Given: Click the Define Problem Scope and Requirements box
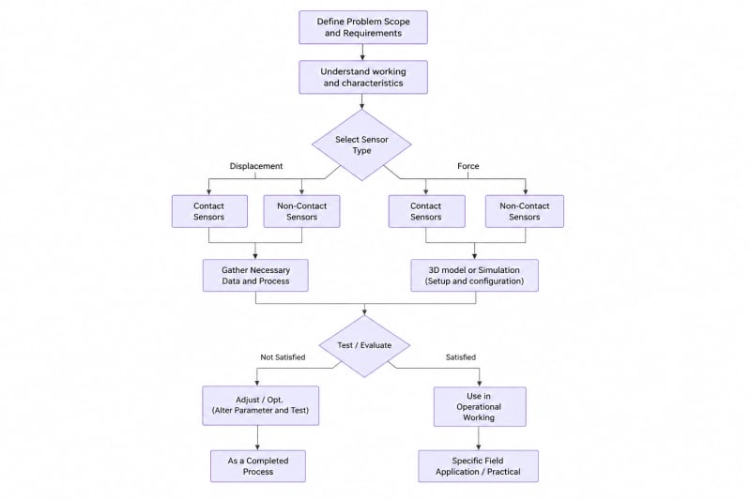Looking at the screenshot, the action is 363,27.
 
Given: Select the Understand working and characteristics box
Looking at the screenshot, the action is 363,77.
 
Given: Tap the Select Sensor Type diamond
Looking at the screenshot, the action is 361,145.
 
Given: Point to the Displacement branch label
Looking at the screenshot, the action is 256,166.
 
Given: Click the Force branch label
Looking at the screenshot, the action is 467,166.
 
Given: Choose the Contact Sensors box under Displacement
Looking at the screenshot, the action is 209,211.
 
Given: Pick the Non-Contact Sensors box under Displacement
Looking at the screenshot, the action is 301,211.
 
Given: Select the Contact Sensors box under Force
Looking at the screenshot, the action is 426,211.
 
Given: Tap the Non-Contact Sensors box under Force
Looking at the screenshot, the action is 525,211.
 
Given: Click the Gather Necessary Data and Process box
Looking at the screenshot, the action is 255,275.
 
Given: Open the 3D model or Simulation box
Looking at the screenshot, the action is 474,275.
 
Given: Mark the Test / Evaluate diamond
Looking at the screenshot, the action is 364,346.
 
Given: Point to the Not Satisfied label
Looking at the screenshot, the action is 283,356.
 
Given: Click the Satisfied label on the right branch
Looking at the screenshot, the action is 461,356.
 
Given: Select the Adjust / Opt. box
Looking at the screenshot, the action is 261,405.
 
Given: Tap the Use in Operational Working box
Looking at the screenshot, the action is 480,407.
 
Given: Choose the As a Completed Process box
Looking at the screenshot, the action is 257,466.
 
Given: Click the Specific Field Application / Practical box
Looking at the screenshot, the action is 478,466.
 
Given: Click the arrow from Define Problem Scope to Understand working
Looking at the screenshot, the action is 362,53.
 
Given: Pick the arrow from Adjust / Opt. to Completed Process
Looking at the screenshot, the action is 257,438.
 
